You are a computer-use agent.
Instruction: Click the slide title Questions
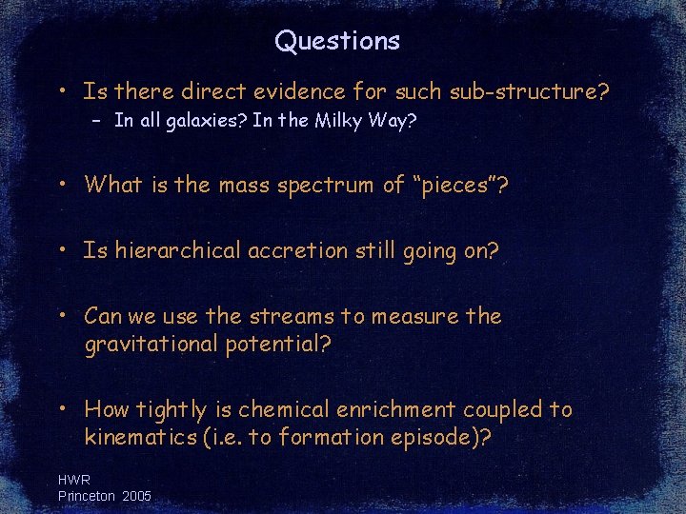point(337,41)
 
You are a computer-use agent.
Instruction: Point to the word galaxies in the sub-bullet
point(198,121)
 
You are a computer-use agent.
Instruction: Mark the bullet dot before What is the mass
point(61,185)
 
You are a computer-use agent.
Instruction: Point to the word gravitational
point(151,344)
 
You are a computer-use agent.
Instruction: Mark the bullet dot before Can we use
point(61,315)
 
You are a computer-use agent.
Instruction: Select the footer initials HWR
point(74,481)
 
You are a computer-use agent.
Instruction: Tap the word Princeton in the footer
point(87,496)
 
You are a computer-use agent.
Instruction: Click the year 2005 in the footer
point(136,496)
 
